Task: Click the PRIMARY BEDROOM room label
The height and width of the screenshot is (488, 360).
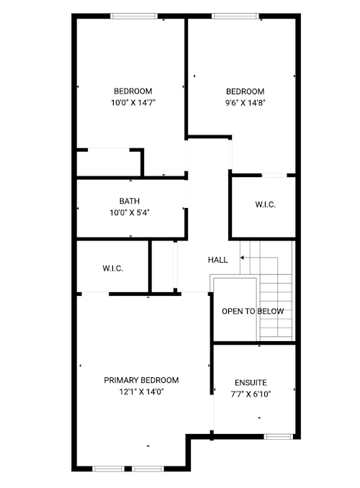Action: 141,380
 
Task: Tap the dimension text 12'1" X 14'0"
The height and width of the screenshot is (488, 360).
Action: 142,392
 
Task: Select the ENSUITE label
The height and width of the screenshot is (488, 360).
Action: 251,382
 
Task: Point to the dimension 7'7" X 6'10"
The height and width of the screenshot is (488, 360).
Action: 251,394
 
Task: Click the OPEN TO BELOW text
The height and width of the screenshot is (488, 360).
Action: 253,311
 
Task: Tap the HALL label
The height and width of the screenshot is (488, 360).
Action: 217,260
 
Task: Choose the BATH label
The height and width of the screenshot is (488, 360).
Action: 129,201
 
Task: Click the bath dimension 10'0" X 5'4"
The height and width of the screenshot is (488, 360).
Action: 130,212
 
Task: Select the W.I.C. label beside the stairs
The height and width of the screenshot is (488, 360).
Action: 266,204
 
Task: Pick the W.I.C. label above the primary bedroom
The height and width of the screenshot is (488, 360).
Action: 113,268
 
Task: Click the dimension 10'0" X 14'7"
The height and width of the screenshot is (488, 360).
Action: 133,102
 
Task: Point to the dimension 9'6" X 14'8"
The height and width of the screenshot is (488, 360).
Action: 246,102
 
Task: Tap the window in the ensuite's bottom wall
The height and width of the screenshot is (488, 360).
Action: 279,437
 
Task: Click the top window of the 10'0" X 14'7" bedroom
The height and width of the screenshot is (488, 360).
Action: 134,16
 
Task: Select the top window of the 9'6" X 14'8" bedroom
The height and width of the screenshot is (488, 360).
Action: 235,16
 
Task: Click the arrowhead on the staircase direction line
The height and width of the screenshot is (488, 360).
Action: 242,258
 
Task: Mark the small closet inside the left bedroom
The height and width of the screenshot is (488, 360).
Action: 109,163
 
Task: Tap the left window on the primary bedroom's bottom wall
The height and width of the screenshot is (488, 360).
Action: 109,469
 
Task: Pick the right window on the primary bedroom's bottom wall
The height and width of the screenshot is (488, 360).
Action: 148,469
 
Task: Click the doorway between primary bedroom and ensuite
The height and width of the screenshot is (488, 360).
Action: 212,412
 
